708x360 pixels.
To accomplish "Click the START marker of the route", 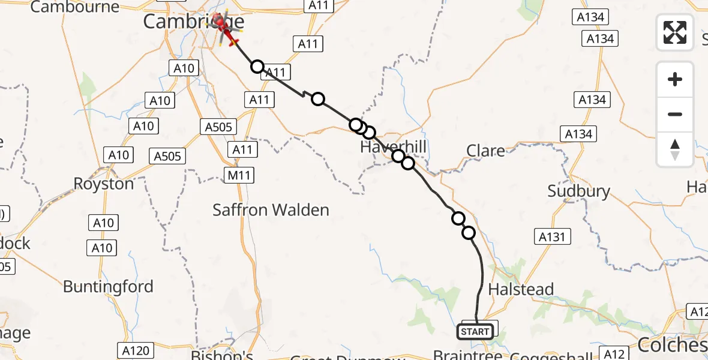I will click(476, 331).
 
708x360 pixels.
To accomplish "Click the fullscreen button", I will click(675, 32).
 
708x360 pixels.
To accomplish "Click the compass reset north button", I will click(675, 149).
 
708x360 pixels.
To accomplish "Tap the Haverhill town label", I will click(393, 147).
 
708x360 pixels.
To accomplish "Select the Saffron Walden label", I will click(271, 210).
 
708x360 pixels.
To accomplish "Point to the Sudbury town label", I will click(578, 191).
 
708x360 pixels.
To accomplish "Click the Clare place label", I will click(485, 151).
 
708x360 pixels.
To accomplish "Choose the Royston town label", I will click(104, 184).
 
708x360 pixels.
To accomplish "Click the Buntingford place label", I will click(108, 287).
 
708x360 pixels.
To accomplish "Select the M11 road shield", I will click(239, 175).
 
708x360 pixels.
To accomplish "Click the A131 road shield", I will click(551, 237).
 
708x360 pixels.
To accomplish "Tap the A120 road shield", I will click(135, 350).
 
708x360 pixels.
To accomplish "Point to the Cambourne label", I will click(75, 7).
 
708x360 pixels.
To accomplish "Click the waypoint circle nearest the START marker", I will click(469, 233).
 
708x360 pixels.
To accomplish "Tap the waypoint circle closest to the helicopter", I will click(257, 66).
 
